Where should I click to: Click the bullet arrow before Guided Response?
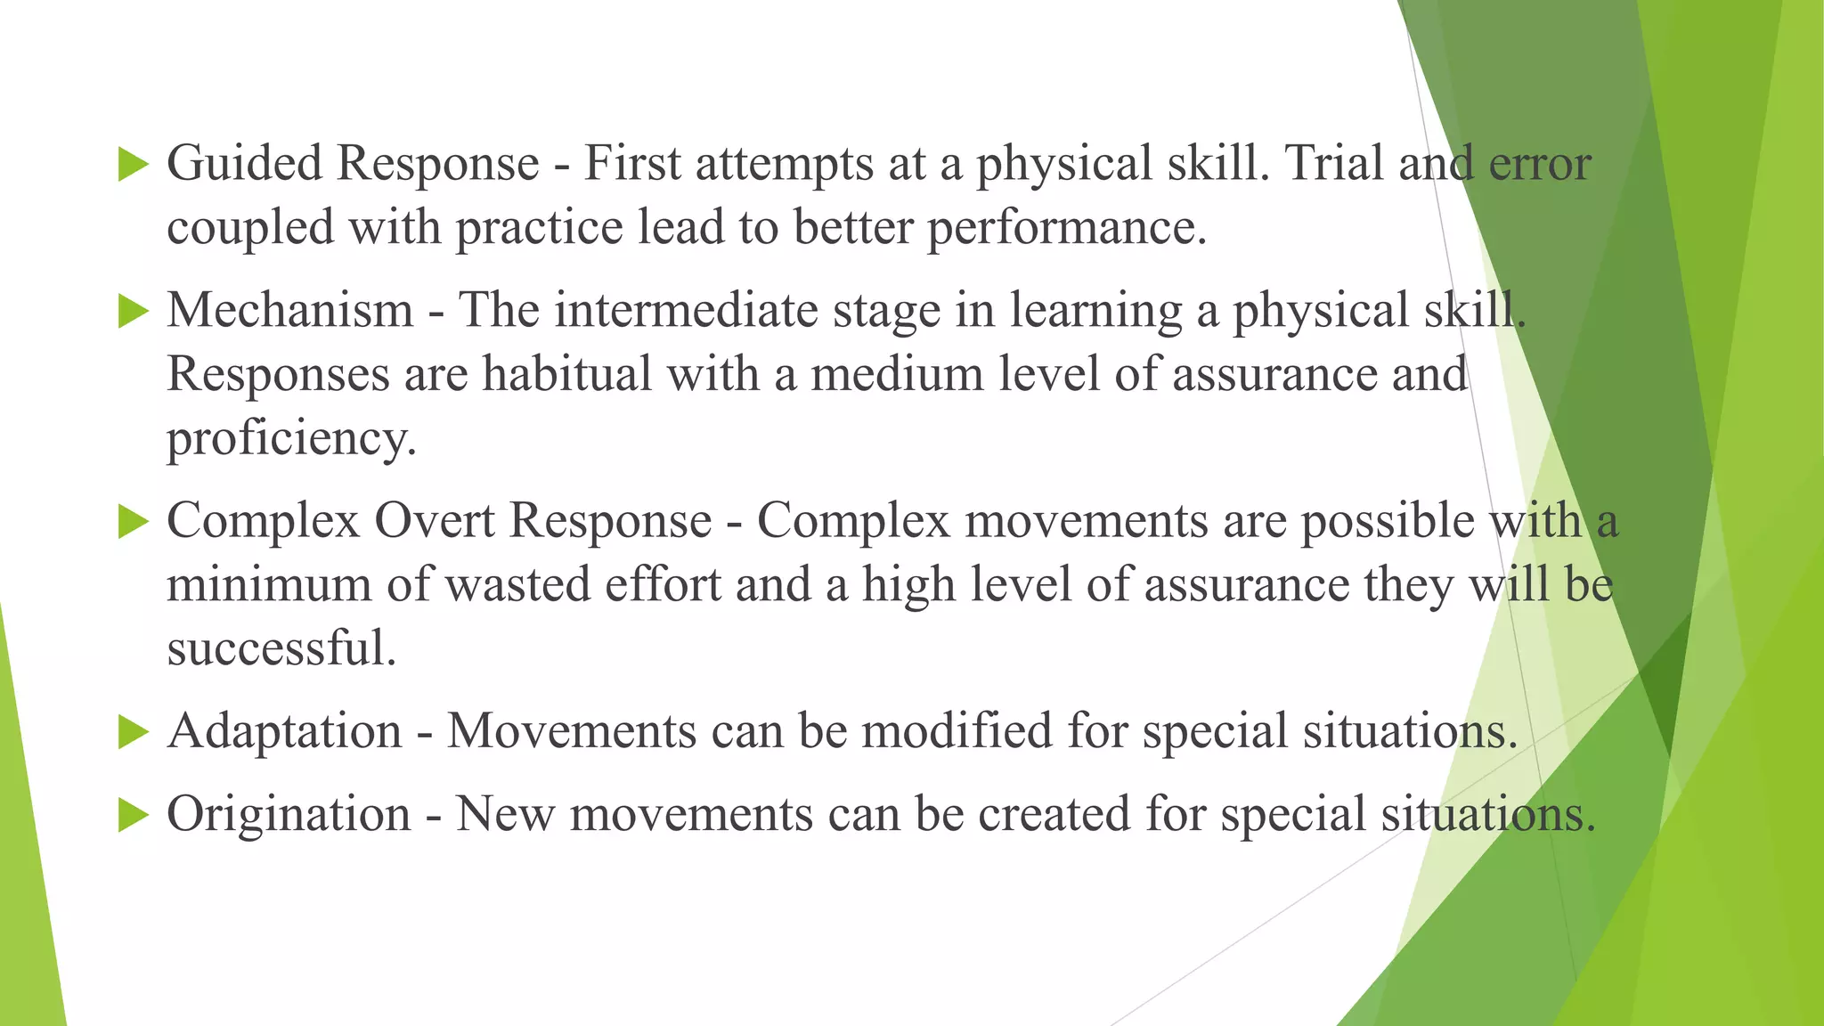pyautogui.click(x=133, y=166)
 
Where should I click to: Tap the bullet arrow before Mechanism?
pyautogui.click(x=133, y=312)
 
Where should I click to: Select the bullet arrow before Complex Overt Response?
pyautogui.click(x=133, y=523)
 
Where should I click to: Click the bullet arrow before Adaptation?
pyautogui.click(x=133, y=733)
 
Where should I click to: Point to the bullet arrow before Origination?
pyautogui.click(x=133, y=815)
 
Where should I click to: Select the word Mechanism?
pyautogui.click(x=290, y=311)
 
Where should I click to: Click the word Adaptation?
pyautogui.click(x=285, y=732)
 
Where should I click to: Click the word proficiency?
pyautogui.click(x=290, y=439)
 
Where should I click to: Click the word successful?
pyautogui.click(x=280, y=648)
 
